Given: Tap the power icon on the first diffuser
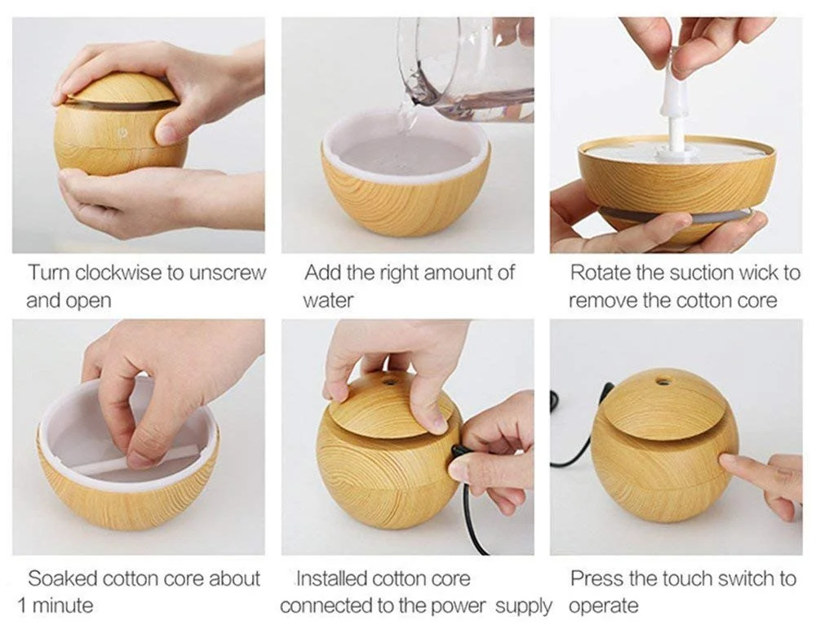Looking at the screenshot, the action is coord(123,133).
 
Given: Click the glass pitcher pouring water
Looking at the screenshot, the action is coord(466,68).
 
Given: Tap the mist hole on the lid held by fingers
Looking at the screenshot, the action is coord(388,381).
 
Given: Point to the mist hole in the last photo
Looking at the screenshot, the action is coord(663,382).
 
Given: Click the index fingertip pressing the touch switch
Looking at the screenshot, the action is coord(726,459).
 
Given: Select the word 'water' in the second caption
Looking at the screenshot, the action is coord(328,300).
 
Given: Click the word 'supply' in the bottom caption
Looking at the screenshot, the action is coord(523,607).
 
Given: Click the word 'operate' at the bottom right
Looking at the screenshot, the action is coord(603,607).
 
